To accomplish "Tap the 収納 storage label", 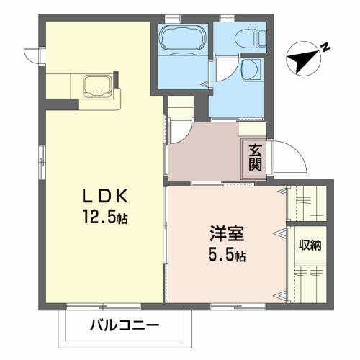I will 310,245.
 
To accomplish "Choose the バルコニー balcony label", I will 124,325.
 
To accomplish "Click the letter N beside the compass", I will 325,48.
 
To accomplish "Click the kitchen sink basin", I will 96,87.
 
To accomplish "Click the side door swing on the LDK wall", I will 31,55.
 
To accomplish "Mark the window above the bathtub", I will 172,17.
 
